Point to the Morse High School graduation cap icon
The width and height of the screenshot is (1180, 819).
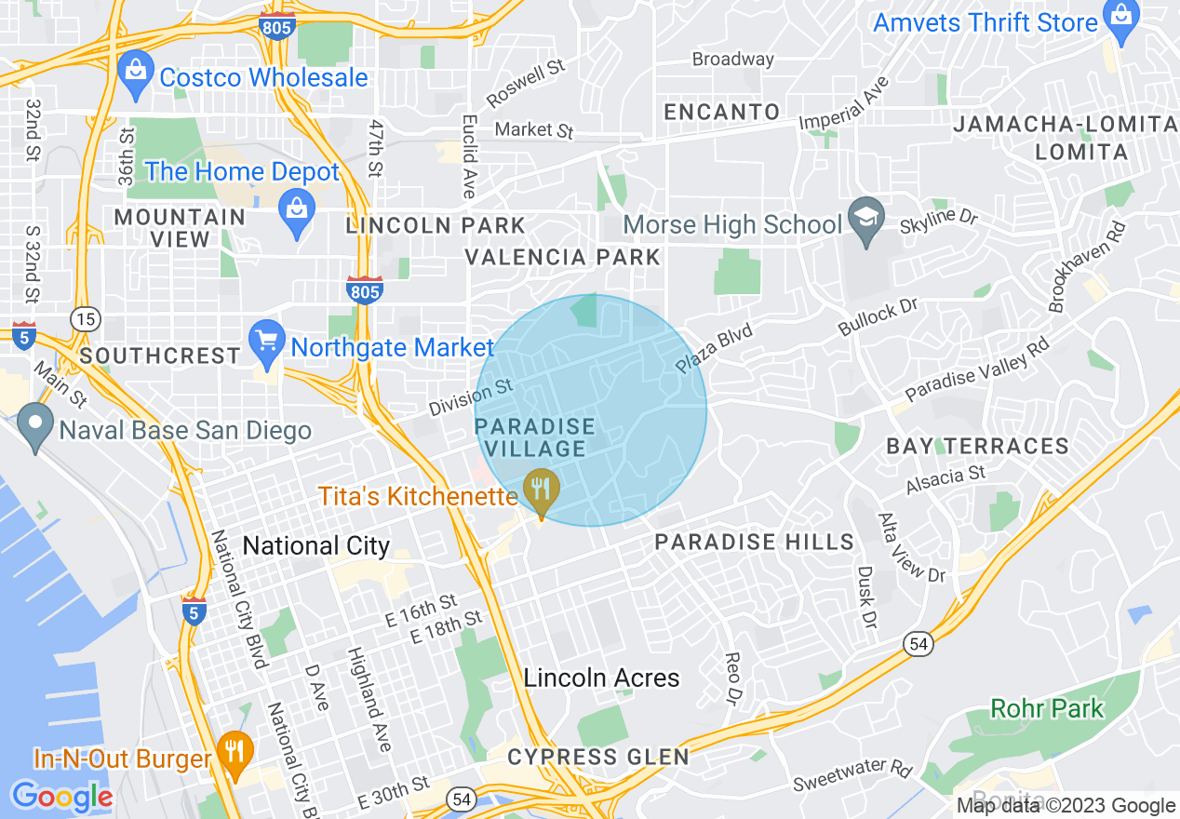[x=865, y=222]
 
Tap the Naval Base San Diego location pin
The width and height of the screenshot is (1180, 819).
[x=35, y=427]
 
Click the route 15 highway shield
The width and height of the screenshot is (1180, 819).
[x=87, y=320]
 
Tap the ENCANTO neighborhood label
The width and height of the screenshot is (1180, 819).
[x=722, y=112]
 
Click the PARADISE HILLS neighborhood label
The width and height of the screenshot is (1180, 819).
[x=754, y=542]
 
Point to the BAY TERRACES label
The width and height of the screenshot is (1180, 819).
[x=977, y=447]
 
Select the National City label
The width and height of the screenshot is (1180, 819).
[x=315, y=545]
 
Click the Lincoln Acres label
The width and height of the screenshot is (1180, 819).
[x=601, y=678]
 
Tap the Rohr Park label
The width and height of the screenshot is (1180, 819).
[x=1047, y=708]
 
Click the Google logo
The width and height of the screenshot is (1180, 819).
[x=61, y=797]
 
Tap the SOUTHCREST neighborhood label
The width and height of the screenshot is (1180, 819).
[x=160, y=356]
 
